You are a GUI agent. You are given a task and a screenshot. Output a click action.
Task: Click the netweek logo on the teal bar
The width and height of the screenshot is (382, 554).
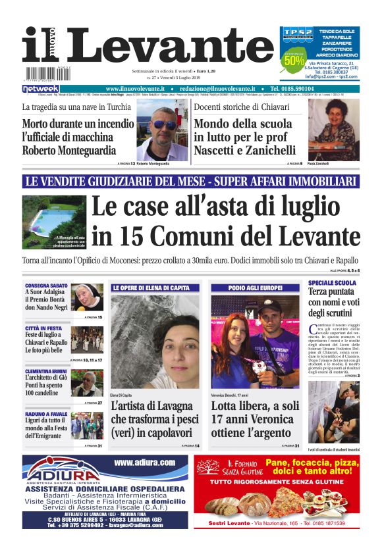tap(41, 89)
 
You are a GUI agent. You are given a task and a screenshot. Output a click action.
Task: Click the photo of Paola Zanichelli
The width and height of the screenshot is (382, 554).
tap(333, 130)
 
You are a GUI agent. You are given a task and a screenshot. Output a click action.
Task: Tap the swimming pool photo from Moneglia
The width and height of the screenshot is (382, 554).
tap(53, 222)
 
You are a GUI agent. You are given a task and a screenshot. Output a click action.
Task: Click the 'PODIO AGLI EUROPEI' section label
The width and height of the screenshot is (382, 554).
tap(255, 288)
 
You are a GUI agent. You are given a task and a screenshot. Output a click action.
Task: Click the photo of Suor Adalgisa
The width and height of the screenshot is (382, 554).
tap(87, 297)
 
